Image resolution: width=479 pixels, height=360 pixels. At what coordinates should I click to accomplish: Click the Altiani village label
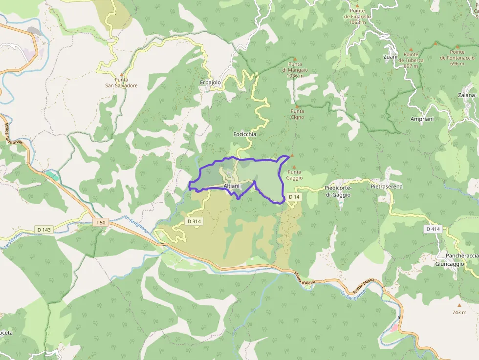coord(232,187)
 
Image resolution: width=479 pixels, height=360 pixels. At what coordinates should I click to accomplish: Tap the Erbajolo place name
coord(211,83)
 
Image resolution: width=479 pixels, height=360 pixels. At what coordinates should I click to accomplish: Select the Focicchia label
coord(245,134)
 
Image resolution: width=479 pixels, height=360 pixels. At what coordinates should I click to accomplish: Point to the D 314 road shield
coord(194,221)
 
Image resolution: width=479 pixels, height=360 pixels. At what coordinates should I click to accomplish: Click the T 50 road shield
coord(100,222)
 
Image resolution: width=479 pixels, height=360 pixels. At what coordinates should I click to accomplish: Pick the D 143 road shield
coord(44,230)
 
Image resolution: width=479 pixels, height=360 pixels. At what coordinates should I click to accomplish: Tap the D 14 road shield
coord(293,196)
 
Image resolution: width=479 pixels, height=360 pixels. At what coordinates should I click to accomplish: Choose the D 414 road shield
coord(433,229)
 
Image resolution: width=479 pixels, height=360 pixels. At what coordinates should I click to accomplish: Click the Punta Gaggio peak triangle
coord(294,167)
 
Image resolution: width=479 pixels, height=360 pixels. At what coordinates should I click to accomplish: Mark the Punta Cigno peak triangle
coord(297,106)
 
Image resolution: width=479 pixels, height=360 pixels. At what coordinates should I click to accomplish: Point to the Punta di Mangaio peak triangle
coord(295,59)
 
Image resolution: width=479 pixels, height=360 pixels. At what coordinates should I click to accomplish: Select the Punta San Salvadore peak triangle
coord(122,75)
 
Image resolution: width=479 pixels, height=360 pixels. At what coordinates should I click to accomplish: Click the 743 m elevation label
coord(459,312)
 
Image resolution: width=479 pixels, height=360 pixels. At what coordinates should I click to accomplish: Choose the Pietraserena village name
coord(386,187)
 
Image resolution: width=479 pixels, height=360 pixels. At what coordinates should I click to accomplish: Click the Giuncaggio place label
coord(449,264)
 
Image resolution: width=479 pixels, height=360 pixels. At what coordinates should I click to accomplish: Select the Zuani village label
coord(391,57)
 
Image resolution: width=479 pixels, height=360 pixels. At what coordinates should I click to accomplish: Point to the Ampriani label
coord(422,119)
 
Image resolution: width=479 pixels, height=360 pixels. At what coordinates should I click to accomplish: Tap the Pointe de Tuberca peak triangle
coord(411,49)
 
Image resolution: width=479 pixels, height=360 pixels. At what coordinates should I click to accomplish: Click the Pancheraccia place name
coord(462,256)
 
